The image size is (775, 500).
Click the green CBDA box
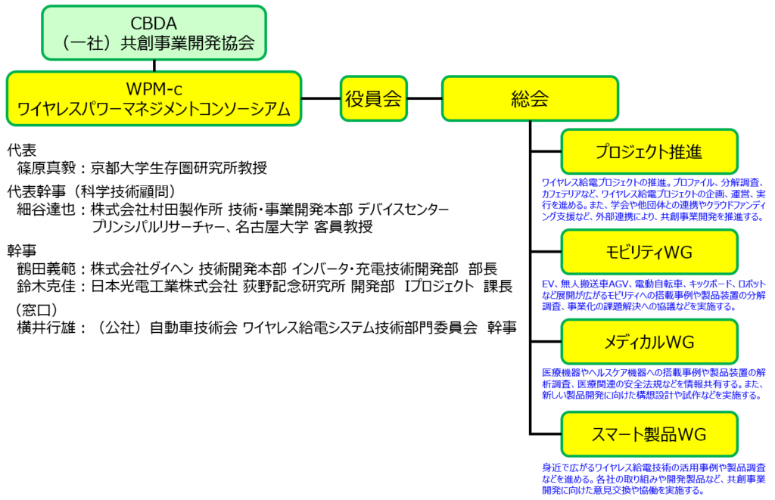click(x=154, y=33)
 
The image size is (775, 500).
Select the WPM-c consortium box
click(x=154, y=98)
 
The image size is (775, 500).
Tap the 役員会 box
click(x=373, y=98)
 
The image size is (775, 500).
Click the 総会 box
click(x=530, y=98)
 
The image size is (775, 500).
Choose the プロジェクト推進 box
click(x=649, y=152)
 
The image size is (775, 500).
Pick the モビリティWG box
click(x=649, y=251)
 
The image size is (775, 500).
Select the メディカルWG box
click(x=649, y=342)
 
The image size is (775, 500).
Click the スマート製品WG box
click(x=649, y=434)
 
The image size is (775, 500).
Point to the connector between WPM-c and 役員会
click(x=321, y=98)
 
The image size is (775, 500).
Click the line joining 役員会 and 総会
click(x=424, y=98)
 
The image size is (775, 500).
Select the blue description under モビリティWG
click(x=652, y=294)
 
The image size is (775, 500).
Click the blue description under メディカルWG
click(x=652, y=384)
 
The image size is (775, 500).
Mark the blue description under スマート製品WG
click(x=652, y=479)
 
